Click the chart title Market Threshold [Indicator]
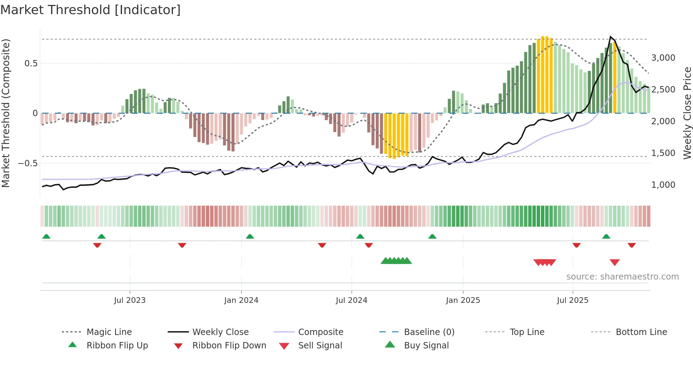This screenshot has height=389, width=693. click(x=91, y=10)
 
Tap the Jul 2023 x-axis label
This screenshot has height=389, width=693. click(x=130, y=300)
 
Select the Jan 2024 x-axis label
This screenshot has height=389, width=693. click(x=241, y=300)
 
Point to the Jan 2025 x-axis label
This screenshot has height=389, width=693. click(x=463, y=300)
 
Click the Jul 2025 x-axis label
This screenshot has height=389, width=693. click(x=572, y=300)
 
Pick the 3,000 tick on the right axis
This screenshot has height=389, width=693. click(x=663, y=58)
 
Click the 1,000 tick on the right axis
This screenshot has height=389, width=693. click(x=663, y=185)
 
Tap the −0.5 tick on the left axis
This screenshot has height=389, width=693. click(x=28, y=163)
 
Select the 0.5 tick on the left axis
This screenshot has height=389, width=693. click(x=31, y=64)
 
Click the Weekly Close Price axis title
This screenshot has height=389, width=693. click(x=687, y=113)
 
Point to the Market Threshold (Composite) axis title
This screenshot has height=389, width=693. click(x=6, y=113)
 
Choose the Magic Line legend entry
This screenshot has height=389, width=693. click(x=109, y=332)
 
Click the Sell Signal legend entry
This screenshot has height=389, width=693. click(x=320, y=346)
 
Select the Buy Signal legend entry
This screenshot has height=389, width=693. click(x=426, y=346)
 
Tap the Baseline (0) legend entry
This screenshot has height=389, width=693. click(x=429, y=332)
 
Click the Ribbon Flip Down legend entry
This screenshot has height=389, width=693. click(x=229, y=346)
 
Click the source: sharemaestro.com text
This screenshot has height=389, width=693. click(x=622, y=277)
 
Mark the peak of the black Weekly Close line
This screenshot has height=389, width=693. click(x=610, y=37)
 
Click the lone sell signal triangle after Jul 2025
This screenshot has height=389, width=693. click(x=615, y=262)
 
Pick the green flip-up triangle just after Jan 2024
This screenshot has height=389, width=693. click(x=250, y=237)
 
